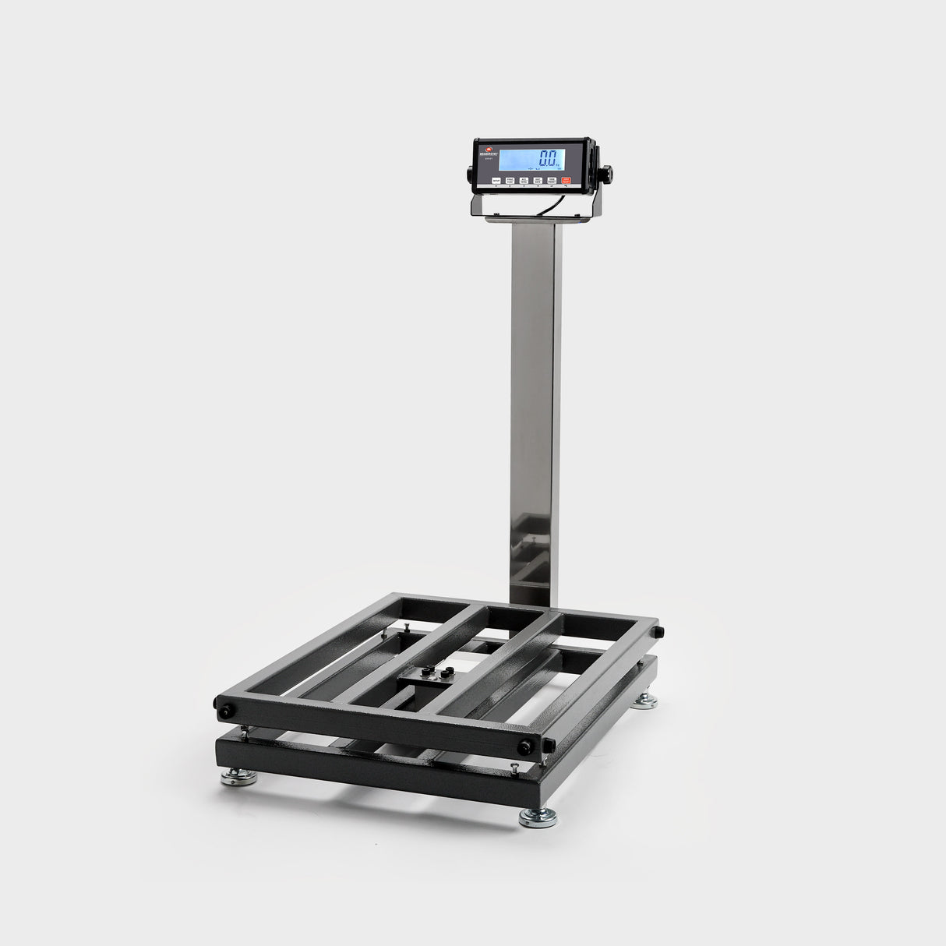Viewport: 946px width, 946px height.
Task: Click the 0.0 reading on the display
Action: tap(552, 158)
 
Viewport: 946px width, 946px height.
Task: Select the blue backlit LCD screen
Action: tap(531, 159)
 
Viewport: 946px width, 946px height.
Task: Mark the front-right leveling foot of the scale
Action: tap(538, 817)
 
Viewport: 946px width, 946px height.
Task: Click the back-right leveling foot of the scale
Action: tap(644, 702)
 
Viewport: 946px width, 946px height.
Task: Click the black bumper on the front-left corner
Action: tap(226, 711)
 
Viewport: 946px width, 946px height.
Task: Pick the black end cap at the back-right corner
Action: tap(659, 631)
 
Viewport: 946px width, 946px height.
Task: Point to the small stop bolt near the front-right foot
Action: tap(515, 768)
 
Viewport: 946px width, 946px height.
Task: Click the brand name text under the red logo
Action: tap(489, 154)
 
